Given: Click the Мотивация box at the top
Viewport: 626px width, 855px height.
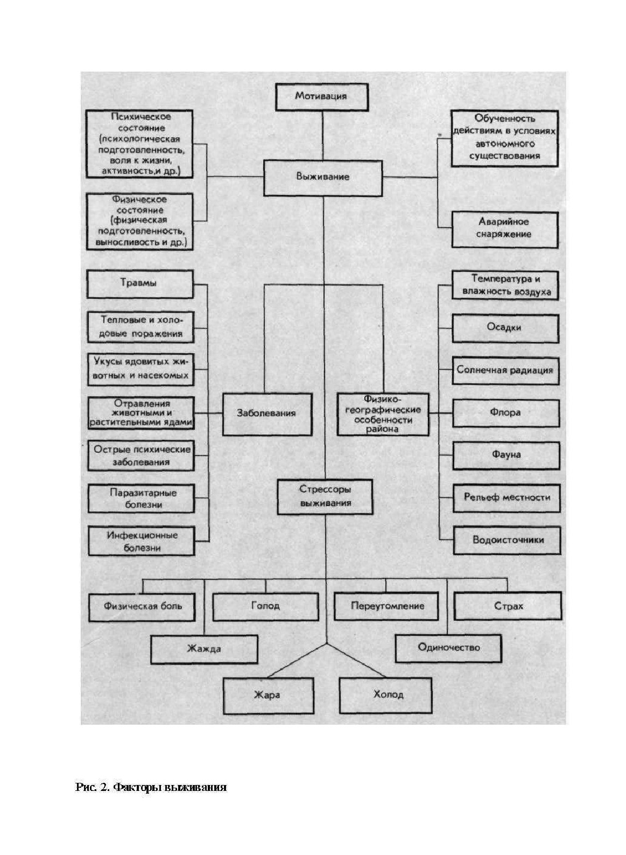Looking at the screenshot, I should [322, 97].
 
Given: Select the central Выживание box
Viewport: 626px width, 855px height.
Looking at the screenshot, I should [322, 177].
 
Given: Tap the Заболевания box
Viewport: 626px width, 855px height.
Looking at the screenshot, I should [267, 414].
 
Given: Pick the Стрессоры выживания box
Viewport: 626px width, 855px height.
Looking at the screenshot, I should [325, 496].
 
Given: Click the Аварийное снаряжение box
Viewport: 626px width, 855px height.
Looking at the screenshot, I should [504, 228].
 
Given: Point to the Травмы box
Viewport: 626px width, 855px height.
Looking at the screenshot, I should [139, 284].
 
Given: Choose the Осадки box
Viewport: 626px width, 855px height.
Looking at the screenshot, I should [505, 328].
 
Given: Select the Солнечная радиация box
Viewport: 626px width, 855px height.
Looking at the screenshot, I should [505, 370].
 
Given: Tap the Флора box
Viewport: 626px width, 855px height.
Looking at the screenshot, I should [505, 413].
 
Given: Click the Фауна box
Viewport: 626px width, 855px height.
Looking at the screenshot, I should [505, 455].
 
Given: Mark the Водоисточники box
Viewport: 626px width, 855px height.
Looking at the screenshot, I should [508, 540].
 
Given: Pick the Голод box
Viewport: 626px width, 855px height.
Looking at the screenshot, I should [265, 606].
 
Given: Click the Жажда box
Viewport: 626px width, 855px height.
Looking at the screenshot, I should [204, 649].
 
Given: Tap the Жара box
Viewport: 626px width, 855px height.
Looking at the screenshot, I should [268, 695].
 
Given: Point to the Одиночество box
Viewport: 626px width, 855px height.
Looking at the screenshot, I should [448, 648].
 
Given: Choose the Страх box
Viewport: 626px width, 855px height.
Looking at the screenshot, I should [508, 606].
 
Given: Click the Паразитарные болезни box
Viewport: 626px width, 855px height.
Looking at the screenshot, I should [142, 499].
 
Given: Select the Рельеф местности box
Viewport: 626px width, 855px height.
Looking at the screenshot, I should [507, 497].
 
